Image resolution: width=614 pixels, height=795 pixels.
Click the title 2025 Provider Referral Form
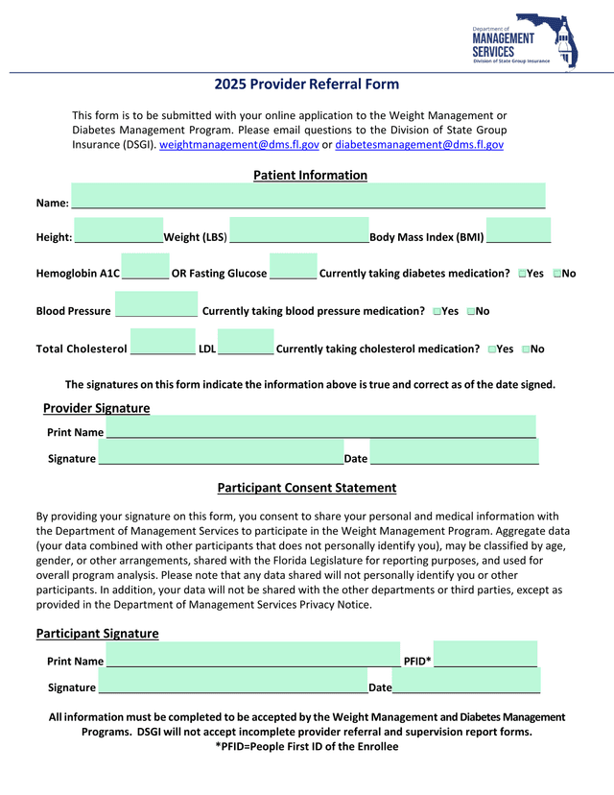(x=306, y=84)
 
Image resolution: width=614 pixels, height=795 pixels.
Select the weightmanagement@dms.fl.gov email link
(x=239, y=144)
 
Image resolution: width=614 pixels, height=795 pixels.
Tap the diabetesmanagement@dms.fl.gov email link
(x=419, y=144)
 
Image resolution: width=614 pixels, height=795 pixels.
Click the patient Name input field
(x=308, y=196)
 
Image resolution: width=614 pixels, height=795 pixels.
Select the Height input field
(x=118, y=231)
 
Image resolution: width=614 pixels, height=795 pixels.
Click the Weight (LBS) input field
(x=298, y=231)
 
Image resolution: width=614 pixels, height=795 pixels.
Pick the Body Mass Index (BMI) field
(x=518, y=231)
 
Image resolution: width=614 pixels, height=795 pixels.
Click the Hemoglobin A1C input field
(x=146, y=267)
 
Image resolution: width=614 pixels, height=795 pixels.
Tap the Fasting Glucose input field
(x=293, y=267)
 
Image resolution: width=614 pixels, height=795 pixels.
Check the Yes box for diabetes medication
(x=522, y=275)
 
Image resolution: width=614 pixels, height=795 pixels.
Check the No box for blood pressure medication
(x=471, y=312)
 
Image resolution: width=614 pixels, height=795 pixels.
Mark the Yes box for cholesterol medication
(x=492, y=349)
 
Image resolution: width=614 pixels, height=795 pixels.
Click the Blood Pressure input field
(x=156, y=304)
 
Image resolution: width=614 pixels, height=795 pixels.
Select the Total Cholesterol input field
(x=162, y=342)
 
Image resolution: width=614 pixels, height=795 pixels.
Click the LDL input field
(x=246, y=342)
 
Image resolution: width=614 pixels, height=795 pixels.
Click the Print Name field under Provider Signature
(x=320, y=426)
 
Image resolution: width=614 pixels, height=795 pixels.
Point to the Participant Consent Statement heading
(x=306, y=488)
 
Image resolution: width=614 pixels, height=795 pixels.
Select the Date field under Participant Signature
(x=466, y=681)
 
